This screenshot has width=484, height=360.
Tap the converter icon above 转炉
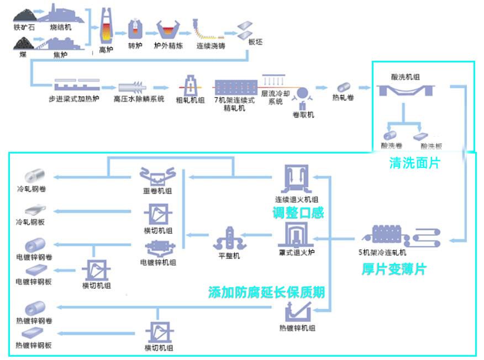[x=135, y=29]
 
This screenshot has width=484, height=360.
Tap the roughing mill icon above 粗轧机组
[x=190, y=84]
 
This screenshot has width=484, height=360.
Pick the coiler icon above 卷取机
[x=303, y=95]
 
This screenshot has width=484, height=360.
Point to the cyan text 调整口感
[x=298, y=212]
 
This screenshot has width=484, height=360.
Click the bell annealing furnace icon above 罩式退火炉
[x=297, y=236]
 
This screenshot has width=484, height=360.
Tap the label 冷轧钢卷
[x=32, y=188]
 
